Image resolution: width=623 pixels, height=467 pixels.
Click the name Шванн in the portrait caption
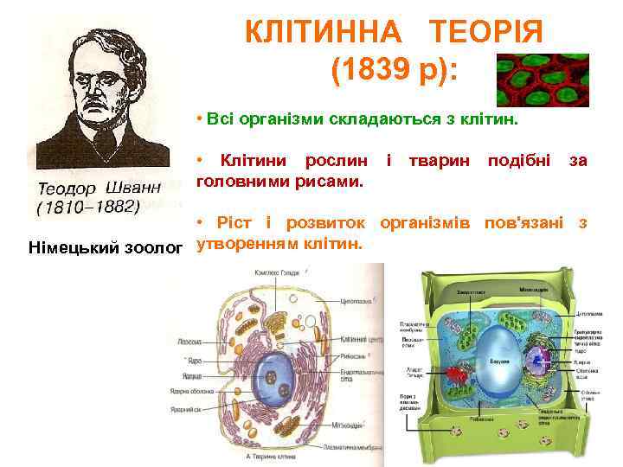(x=137, y=189)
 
